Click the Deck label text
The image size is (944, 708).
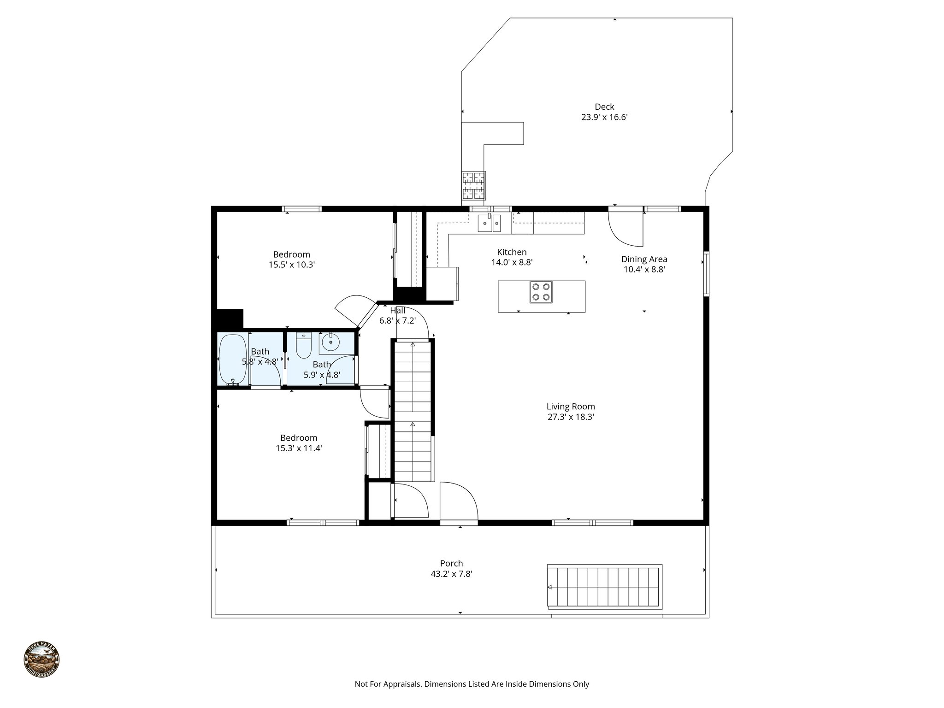tap(604, 107)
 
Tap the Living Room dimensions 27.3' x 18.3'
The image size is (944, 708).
tap(571, 417)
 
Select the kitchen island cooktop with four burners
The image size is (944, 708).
tap(541, 292)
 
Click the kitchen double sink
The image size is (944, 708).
tap(489, 224)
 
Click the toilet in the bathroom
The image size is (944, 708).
tap(304, 346)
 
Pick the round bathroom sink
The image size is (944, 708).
tap(330, 342)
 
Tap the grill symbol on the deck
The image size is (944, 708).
tap(473, 185)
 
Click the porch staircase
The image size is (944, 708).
tap(604, 587)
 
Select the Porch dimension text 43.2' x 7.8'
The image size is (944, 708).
tap(451, 574)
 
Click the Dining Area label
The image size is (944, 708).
tap(644, 259)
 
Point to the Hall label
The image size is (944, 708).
tap(397, 311)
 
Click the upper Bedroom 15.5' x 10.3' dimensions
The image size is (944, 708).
tap(291, 265)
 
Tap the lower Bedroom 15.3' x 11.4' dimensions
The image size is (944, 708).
tap(299, 448)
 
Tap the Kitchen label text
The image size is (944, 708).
tap(512, 252)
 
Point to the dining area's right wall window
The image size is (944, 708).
tap(706, 273)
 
